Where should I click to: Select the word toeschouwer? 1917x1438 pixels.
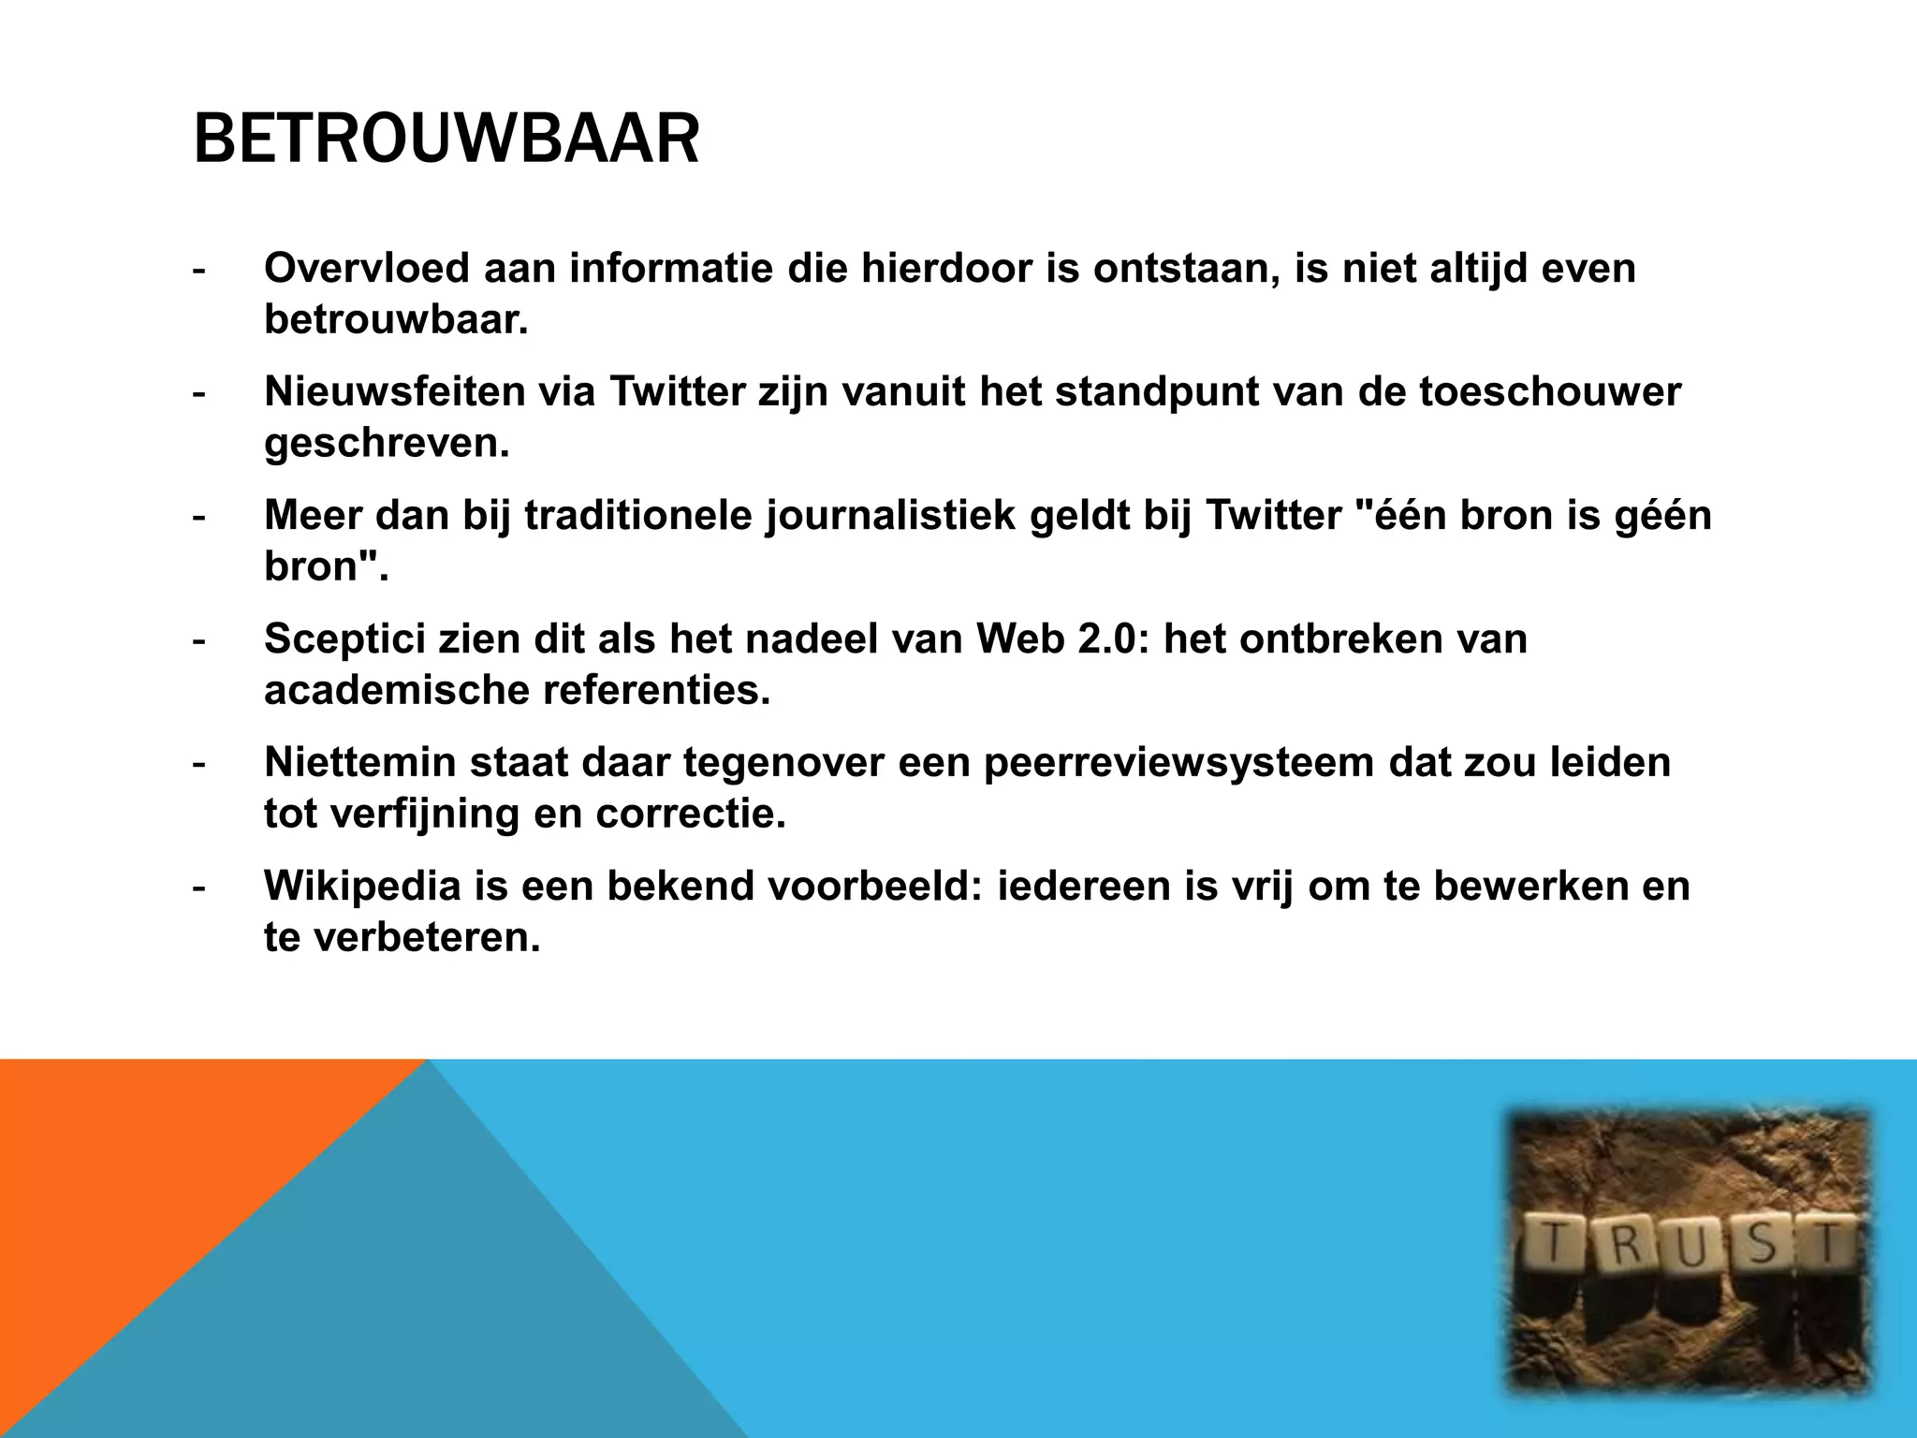coord(1550,391)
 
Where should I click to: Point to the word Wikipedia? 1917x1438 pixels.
coord(362,886)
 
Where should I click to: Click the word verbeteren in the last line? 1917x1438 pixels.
coord(426,937)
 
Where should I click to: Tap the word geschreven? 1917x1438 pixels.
coord(387,443)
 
